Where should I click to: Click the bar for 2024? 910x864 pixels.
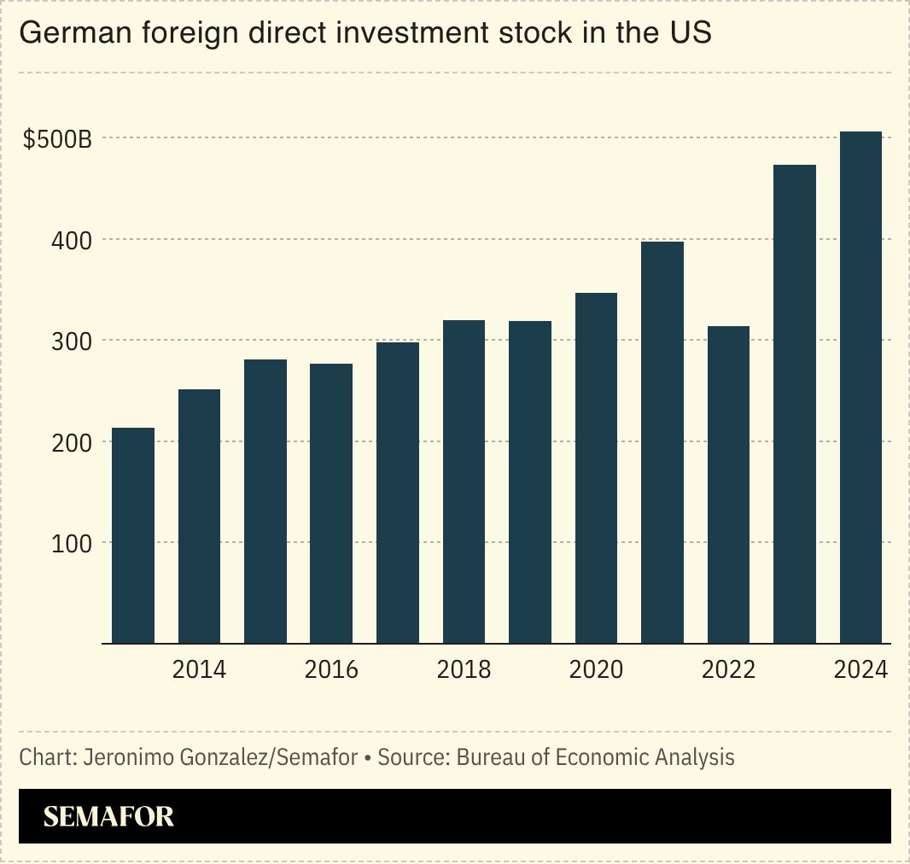tap(860, 388)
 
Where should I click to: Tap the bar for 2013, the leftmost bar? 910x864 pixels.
tap(133, 535)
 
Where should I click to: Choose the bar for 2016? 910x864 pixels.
tap(331, 504)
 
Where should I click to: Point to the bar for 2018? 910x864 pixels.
tap(464, 482)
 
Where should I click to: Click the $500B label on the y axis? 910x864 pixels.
tap(57, 139)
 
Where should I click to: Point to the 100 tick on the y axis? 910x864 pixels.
tap(72, 543)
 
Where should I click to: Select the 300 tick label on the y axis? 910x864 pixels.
tap(72, 342)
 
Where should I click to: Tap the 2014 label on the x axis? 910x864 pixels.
tap(199, 669)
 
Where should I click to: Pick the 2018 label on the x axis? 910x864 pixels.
tap(464, 669)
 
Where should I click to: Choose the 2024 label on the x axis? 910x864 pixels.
tap(860, 669)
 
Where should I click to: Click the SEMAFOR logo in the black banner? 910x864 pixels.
tap(108, 817)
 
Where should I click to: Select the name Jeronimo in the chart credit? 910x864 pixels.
tap(125, 757)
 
